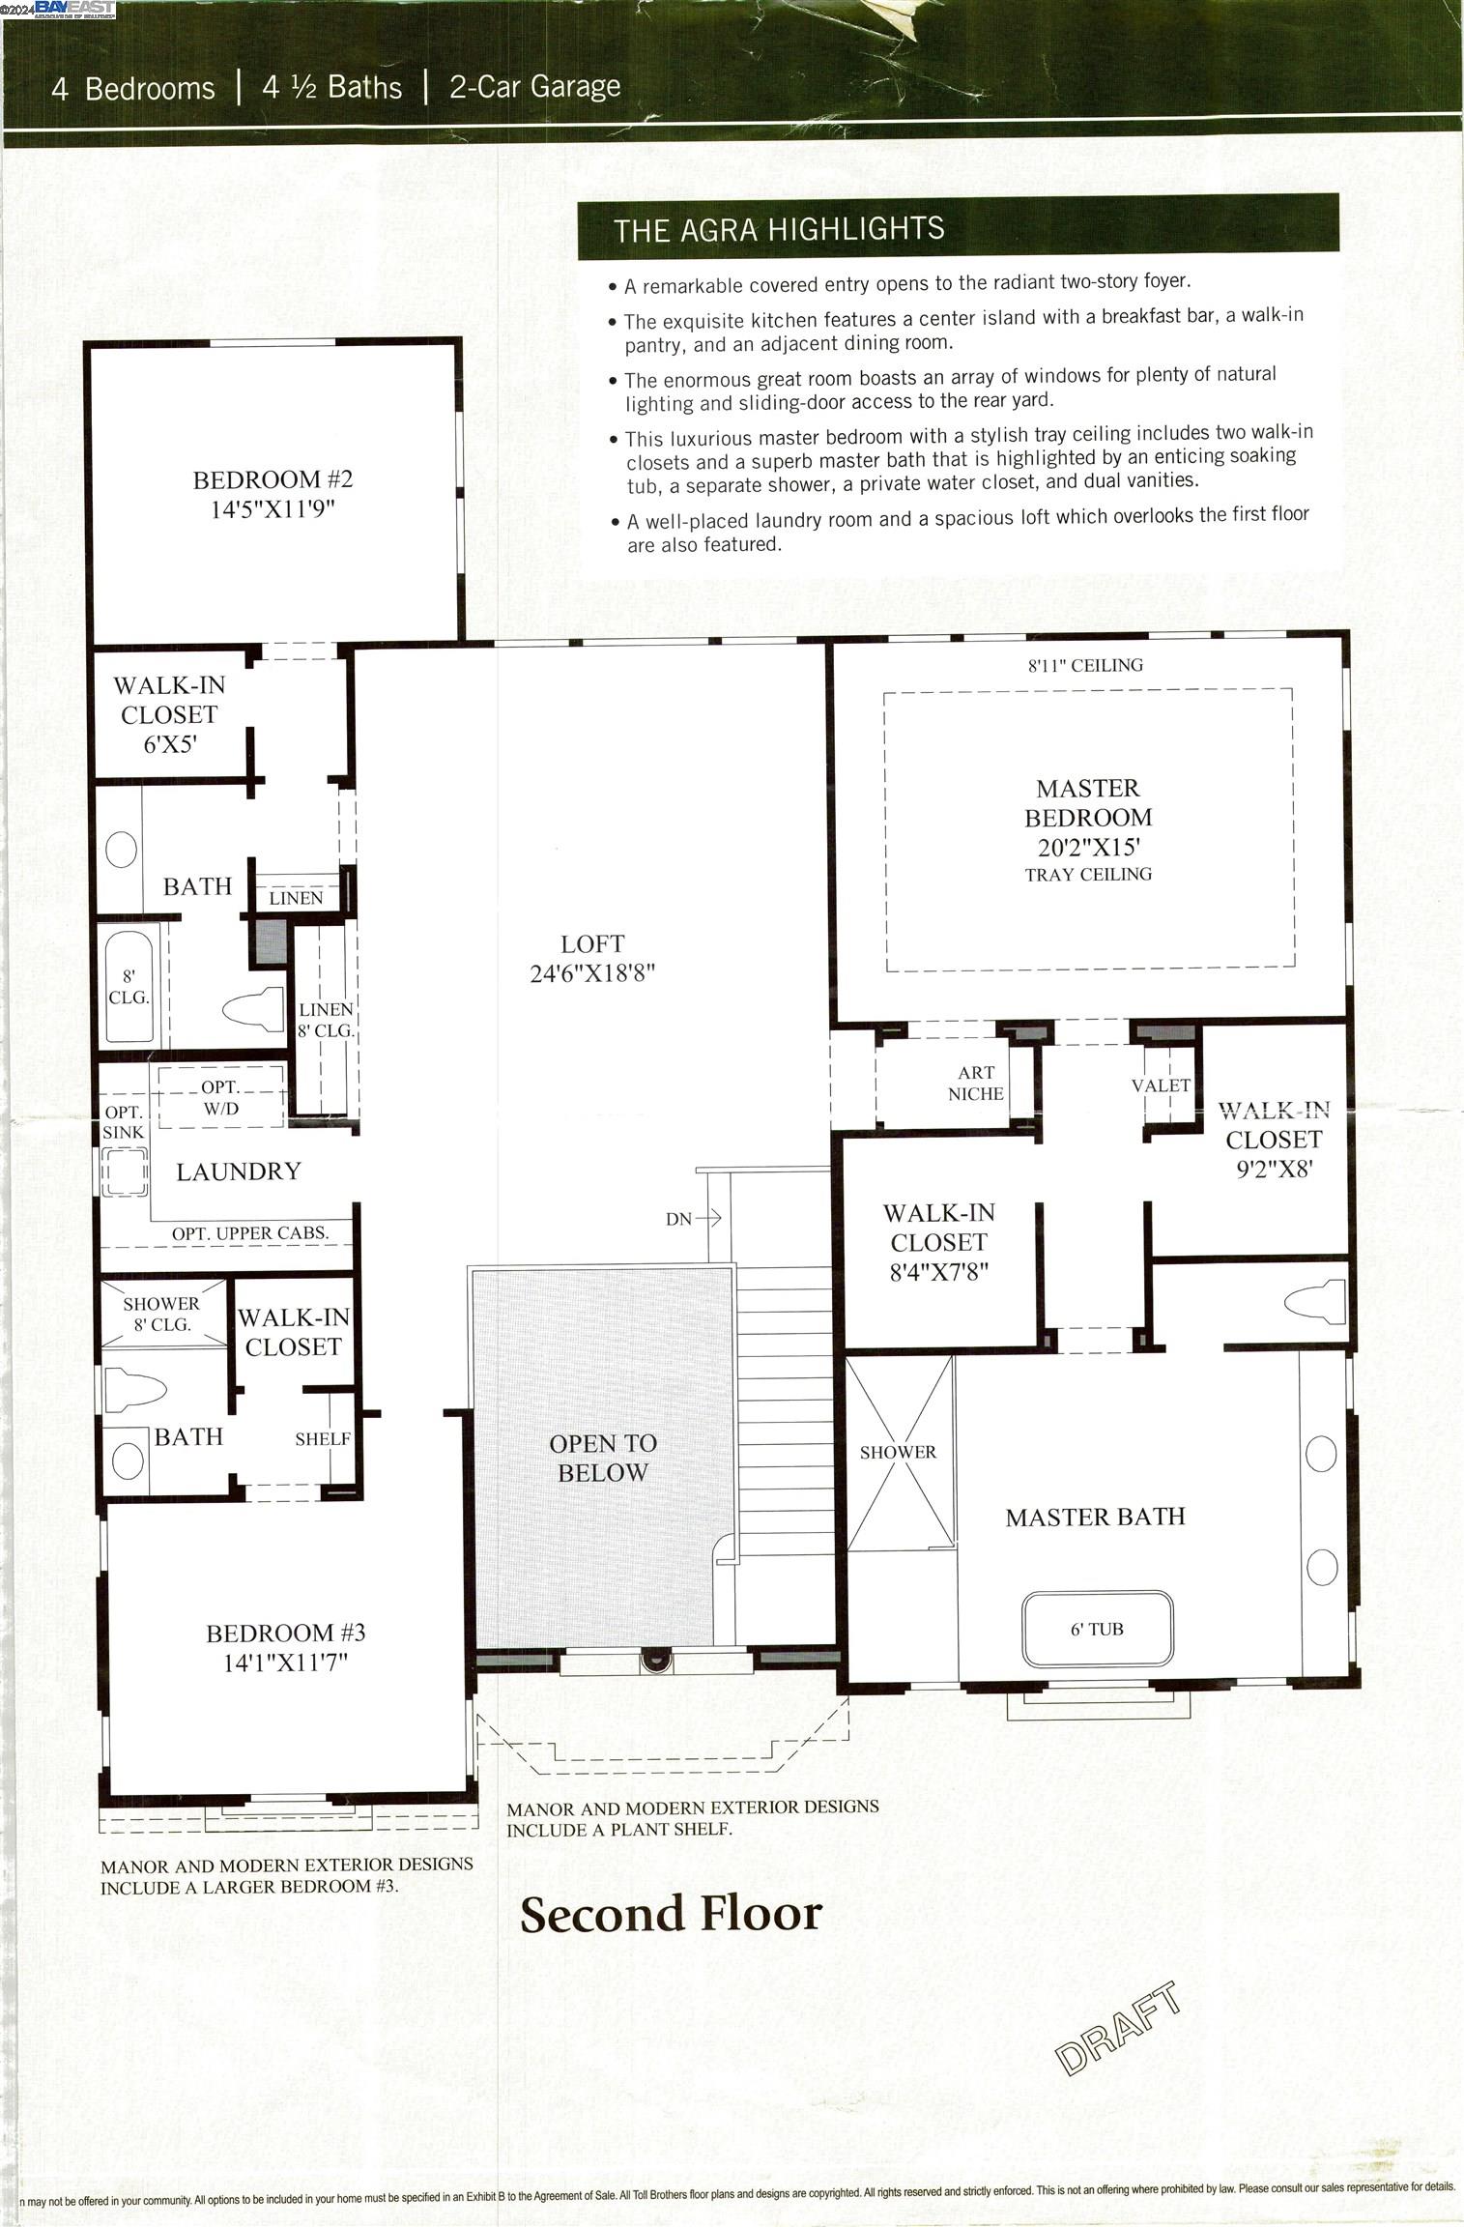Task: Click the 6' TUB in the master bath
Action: click(1097, 1630)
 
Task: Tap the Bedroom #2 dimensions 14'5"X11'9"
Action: click(273, 509)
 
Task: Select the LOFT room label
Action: click(592, 944)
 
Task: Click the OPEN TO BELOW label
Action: click(603, 1458)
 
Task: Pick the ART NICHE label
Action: click(975, 1083)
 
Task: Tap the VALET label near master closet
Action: click(1161, 1085)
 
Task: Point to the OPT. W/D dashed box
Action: click(221, 1098)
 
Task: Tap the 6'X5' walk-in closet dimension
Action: click(171, 744)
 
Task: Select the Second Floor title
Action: click(671, 1915)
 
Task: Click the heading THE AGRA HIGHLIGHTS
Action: click(779, 229)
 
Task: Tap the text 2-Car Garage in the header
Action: click(534, 87)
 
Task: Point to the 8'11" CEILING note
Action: click(1084, 665)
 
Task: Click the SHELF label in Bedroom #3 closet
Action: click(323, 1439)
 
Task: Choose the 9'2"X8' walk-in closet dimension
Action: click(1273, 1170)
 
